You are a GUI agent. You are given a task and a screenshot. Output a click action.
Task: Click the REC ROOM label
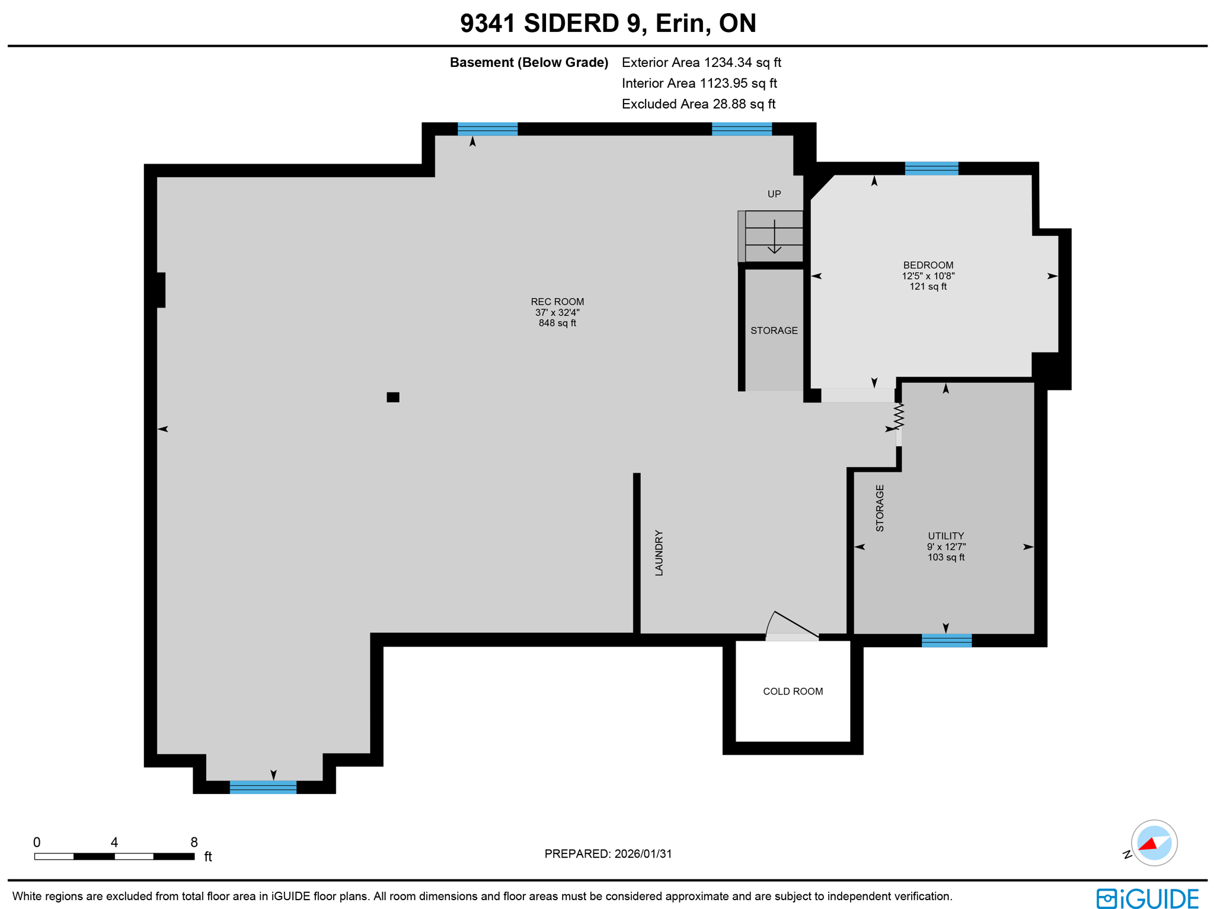[x=557, y=302]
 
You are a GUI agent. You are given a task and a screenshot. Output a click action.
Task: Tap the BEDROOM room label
[x=928, y=265]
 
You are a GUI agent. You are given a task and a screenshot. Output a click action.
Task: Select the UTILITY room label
[x=945, y=536]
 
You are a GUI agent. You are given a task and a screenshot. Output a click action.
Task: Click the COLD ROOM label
[x=793, y=691]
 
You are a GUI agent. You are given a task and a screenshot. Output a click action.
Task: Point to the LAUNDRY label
[x=659, y=552]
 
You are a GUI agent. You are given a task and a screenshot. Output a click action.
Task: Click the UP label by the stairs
[x=774, y=194]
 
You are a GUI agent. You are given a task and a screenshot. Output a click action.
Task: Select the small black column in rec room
[x=392, y=397]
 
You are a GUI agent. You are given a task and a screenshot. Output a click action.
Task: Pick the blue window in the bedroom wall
[x=931, y=168]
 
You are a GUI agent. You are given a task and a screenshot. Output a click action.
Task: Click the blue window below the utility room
[x=946, y=640]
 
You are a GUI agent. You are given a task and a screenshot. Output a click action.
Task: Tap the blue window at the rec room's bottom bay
[x=263, y=787]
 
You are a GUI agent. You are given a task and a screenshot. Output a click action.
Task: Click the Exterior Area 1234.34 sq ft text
[x=701, y=62]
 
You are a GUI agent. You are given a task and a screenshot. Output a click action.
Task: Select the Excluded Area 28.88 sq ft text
[x=698, y=104]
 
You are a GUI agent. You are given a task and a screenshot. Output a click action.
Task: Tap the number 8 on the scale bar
[x=194, y=842]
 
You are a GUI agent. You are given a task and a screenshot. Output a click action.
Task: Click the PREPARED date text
[x=608, y=853]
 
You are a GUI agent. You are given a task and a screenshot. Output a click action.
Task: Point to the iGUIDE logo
[x=1146, y=898]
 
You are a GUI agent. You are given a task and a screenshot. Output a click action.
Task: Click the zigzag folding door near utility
[x=899, y=416]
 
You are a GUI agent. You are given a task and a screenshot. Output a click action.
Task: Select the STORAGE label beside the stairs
[x=774, y=330]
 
